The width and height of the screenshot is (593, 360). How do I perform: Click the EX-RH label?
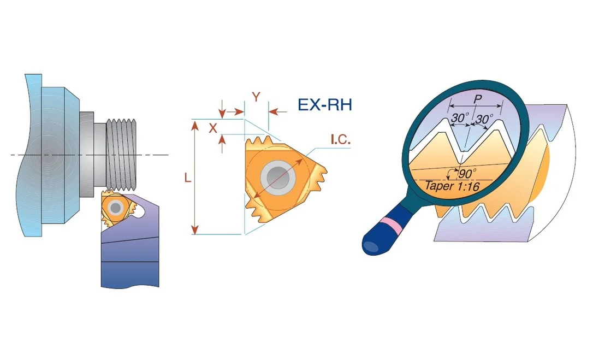click(325, 105)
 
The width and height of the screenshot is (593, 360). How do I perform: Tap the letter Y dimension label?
click(257, 97)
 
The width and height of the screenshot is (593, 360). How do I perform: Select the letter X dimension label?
click(214, 128)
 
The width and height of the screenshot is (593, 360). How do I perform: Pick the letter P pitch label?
click(478, 99)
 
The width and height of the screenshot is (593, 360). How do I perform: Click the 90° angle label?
click(467, 174)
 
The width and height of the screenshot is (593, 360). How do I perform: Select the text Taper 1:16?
click(453, 186)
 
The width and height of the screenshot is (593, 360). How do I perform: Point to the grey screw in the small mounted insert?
click(115, 208)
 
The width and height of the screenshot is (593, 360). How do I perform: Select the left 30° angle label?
click(459, 118)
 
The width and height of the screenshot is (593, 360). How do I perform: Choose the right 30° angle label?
click(484, 119)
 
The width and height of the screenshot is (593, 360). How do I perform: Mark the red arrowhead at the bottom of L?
click(195, 229)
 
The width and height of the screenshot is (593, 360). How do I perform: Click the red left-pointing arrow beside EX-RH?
click(277, 111)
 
